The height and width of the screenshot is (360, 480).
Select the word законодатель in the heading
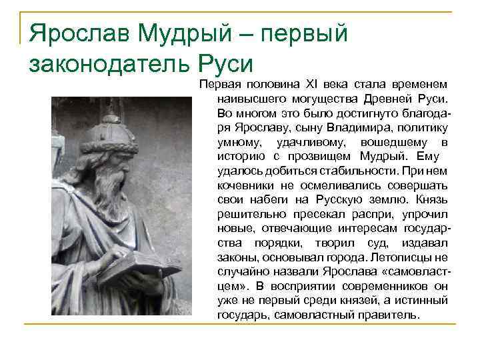[109, 65]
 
